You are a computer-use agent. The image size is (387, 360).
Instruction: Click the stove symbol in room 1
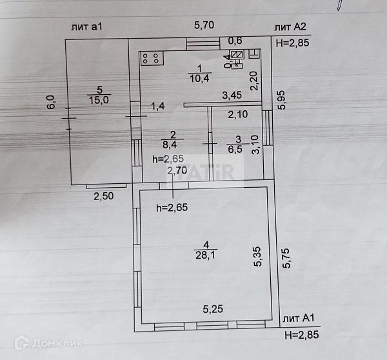(153, 59)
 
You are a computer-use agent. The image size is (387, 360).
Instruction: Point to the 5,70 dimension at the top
(205, 26)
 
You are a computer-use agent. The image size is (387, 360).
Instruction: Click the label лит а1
(88, 26)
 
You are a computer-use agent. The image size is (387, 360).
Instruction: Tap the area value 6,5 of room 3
(235, 148)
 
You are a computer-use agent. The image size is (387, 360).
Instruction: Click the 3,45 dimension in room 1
(232, 95)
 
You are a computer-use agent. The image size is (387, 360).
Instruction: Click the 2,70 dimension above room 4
(177, 171)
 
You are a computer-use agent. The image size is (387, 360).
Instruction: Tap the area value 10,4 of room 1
(199, 78)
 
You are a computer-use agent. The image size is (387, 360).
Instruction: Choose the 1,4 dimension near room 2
(159, 105)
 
